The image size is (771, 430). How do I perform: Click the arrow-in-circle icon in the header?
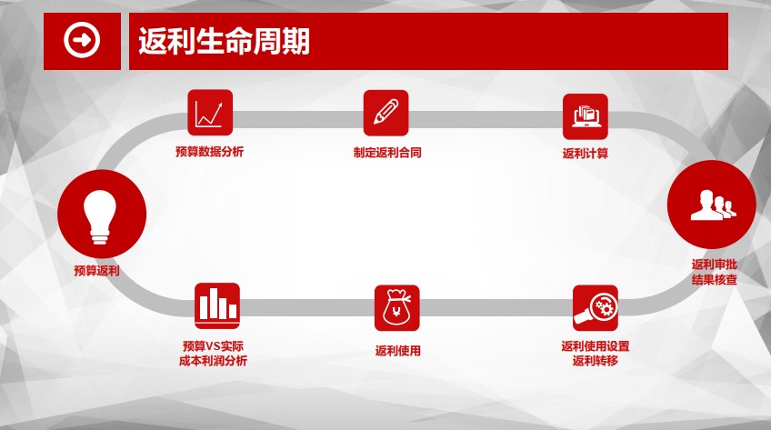[x=82, y=40]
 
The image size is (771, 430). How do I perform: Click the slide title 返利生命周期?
[x=225, y=41]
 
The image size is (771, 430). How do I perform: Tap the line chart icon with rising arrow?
[x=210, y=113]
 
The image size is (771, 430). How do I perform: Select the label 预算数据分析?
[x=209, y=151]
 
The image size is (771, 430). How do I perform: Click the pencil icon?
[x=386, y=113]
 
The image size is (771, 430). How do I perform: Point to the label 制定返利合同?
[x=387, y=153]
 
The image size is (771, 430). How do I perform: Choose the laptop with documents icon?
[x=586, y=116]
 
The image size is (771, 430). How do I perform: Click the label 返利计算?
[x=586, y=154]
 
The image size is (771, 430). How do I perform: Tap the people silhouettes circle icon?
[x=712, y=205]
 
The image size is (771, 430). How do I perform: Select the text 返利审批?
[x=714, y=265]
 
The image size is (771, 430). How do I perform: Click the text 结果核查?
[x=714, y=280]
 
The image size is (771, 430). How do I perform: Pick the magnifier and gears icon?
[x=595, y=308]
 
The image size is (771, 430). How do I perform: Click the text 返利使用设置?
[x=596, y=346]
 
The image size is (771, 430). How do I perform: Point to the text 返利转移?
[x=595, y=361]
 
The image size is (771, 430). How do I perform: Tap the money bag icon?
[x=396, y=308]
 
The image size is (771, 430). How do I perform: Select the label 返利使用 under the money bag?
[x=398, y=351]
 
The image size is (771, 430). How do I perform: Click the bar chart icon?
[x=217, y=305]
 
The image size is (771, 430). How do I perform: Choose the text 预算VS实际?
[x=213, y=346]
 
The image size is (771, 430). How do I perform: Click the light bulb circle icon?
[x=102, y=214]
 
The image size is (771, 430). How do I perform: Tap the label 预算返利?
[x=96, y=271]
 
